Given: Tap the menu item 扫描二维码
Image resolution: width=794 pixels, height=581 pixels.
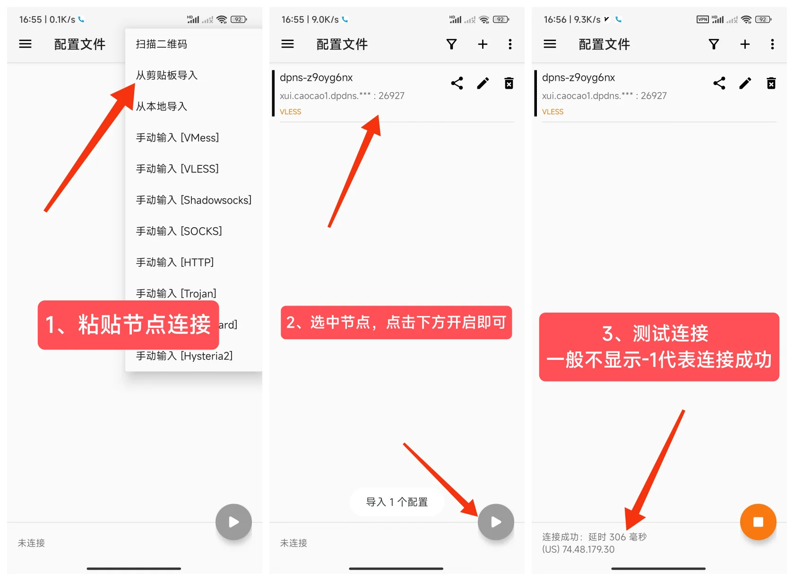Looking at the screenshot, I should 161,44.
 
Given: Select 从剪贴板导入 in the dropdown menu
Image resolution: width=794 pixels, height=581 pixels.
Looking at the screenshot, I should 166,75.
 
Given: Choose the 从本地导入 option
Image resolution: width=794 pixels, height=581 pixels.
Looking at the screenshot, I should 161,106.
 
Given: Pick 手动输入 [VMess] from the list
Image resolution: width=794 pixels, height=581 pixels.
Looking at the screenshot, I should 177,137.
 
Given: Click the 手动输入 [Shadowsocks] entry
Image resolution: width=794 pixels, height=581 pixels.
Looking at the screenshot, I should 193,200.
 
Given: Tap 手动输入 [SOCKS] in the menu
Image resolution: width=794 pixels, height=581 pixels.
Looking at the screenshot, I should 179,231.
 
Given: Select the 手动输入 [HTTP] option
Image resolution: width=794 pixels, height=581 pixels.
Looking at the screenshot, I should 174,262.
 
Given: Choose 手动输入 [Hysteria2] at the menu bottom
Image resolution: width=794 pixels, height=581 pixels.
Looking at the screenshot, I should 184,356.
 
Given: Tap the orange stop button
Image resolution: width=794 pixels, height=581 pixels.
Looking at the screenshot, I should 758,521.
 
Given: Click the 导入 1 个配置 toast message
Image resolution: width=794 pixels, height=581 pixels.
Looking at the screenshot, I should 397,502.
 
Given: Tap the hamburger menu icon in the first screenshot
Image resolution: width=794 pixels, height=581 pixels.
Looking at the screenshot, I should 25,44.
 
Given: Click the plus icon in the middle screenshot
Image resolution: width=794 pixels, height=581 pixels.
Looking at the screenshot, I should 483,44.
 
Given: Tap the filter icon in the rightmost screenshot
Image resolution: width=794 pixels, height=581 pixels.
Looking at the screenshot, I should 714,44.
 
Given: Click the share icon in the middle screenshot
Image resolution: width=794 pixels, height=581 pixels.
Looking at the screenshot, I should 457,84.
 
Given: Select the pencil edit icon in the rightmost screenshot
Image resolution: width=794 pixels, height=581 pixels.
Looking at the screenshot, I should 745,84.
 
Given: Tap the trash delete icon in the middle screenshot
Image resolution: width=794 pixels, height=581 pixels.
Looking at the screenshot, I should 509,84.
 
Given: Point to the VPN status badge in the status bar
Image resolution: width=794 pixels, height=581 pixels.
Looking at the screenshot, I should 702,19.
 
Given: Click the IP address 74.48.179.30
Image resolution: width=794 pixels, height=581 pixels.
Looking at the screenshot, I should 588,549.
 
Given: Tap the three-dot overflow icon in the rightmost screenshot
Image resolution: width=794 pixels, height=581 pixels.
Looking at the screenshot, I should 772,44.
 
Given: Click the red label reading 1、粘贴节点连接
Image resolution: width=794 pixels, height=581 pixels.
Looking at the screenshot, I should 128,325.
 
